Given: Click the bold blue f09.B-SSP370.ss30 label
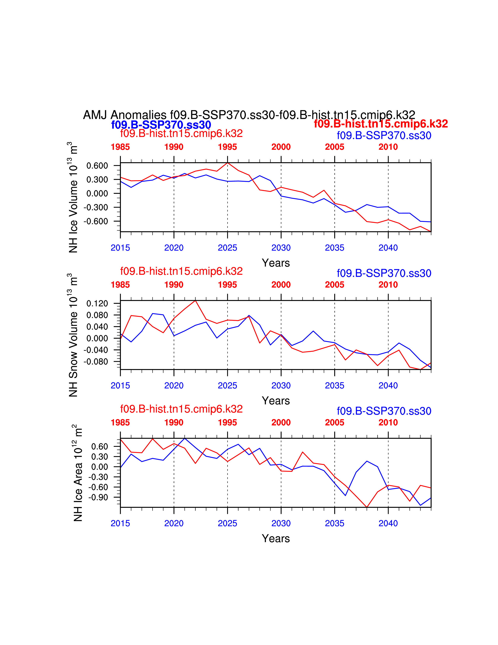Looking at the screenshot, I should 161,125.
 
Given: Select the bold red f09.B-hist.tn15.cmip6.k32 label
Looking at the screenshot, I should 381,124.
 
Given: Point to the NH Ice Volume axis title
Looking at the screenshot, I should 73,197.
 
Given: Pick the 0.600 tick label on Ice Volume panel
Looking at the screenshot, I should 97,166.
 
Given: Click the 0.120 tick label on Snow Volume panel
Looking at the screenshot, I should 97,303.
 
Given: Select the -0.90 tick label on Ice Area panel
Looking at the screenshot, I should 99,498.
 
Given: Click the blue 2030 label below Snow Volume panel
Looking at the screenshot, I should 281,385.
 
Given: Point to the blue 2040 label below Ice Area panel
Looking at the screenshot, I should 388,523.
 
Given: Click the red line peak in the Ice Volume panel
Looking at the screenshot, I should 228,163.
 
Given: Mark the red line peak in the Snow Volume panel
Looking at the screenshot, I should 195,301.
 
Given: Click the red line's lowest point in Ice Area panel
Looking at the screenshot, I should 367,507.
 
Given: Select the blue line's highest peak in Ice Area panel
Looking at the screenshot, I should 185,439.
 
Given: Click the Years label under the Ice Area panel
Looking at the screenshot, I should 276,538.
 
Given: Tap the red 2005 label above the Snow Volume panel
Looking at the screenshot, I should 335,285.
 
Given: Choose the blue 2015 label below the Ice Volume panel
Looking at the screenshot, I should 120,248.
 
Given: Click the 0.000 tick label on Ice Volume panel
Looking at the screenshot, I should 97,193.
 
